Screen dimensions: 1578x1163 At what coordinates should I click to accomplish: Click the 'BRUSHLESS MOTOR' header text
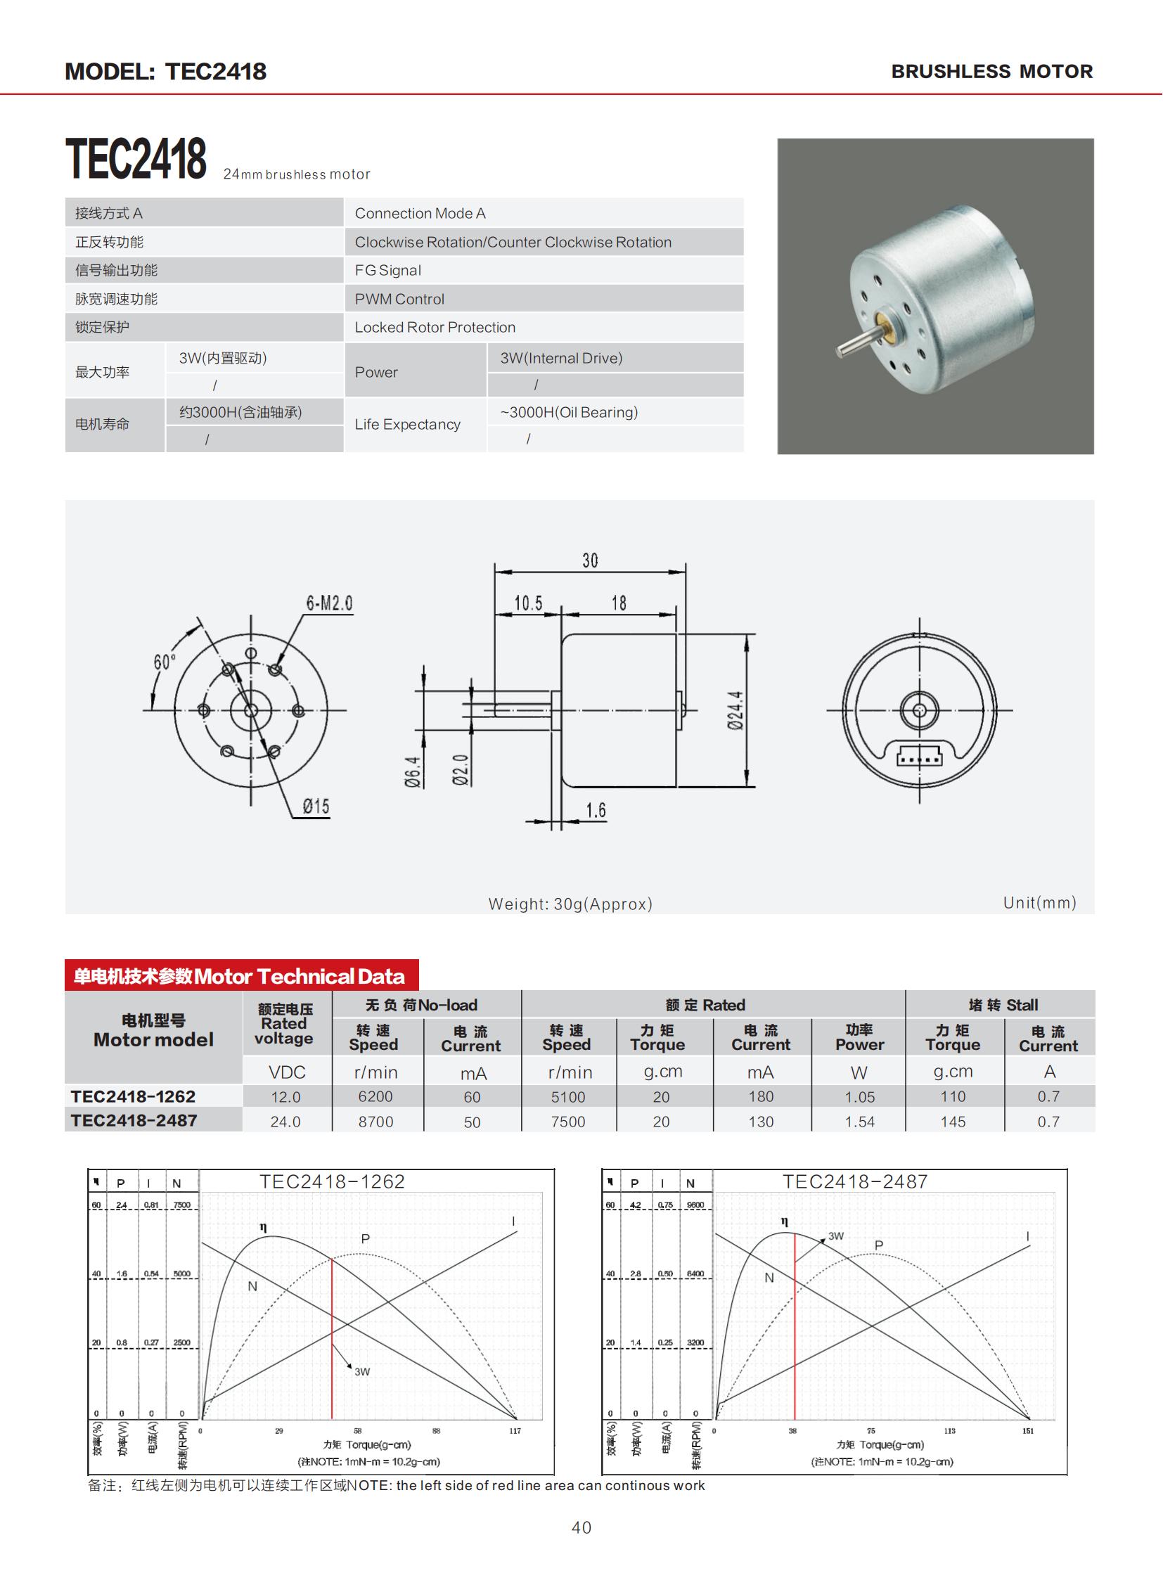[x=991, y=72]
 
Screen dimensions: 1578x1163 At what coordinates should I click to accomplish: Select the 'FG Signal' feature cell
[x=388, y=271]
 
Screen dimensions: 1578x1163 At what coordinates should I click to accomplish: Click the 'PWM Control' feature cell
[x=399, y=300]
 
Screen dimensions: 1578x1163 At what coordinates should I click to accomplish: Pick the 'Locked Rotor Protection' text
[x=435, y=328]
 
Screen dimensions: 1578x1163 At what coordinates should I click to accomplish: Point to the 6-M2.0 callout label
[x=329, y=603]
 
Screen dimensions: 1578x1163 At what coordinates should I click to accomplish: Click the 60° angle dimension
[x=163, y=662]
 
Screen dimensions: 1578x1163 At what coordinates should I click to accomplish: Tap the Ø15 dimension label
[x=316, y=807]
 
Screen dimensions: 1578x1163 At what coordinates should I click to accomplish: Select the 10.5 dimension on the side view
[x=528, y=603]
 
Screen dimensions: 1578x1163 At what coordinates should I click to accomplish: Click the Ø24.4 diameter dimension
[x=735, y=710]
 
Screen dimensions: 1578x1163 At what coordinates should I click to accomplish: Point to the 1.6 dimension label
[x=596, y=811]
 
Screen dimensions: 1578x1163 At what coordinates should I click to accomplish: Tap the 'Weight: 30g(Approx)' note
[x=570, y=904]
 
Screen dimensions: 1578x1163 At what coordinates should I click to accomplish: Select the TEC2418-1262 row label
[x=133, y=1096]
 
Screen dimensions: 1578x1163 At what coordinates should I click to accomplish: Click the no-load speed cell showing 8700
[x=375, y=1122]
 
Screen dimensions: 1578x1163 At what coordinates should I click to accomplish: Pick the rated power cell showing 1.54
[x=859, y=1122]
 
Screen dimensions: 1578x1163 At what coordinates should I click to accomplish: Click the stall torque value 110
[x=953, y=1096]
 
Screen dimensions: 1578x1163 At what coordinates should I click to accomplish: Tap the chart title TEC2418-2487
[x=854, y=1181]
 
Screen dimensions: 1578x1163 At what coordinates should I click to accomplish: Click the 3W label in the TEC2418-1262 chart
[x=362, y=1372]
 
